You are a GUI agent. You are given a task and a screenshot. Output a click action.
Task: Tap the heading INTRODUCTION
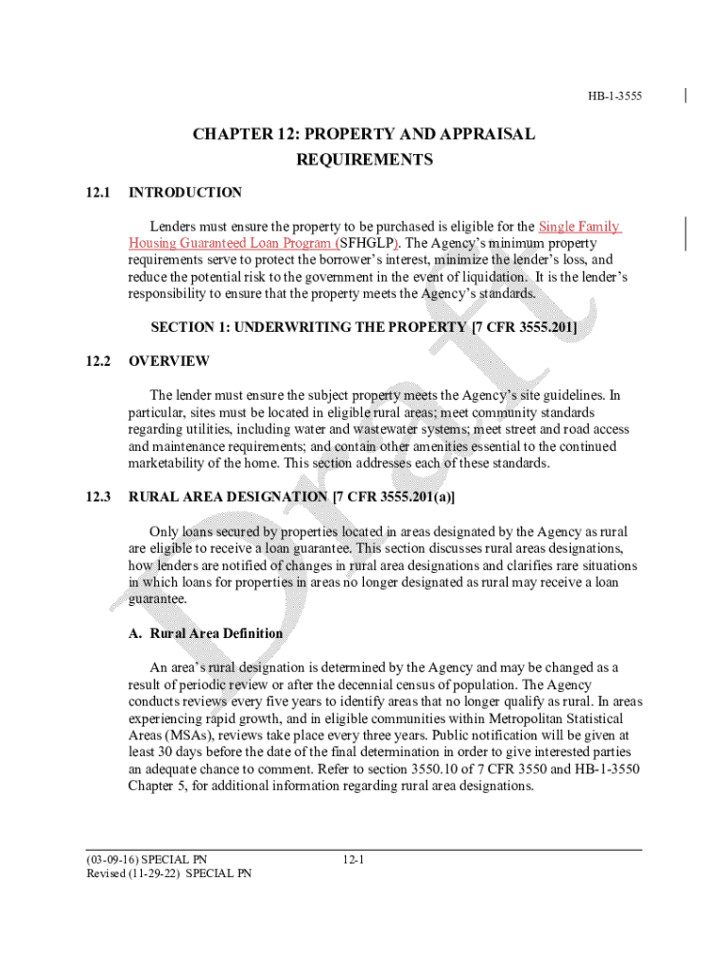(185, 193)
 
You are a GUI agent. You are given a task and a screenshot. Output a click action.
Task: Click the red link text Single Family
(579, 227)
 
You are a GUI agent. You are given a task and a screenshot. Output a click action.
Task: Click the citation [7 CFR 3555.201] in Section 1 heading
(524, 327)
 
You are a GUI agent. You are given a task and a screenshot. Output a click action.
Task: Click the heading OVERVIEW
(169, 361)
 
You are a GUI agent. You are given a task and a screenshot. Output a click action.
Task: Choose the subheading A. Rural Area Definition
(205, 633)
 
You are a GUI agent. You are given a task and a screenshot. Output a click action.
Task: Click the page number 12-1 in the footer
(354, 859)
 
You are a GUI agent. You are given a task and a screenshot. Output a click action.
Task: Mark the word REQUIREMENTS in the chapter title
(365, 160)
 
